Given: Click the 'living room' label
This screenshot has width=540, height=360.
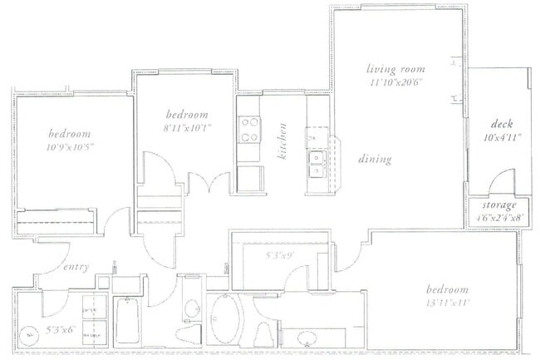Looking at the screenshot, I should pyautogui.click(x=396, y=70).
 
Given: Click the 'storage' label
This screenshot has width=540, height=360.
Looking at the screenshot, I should pyautogui.click(x=501, y=205).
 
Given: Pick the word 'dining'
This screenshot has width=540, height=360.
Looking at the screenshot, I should pyautogui.click(x=374, y=159).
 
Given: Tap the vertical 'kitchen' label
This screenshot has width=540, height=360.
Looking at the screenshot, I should pyautogui.click(x=283, y=141).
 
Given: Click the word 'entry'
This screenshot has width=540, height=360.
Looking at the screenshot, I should pyautogui.click(x=76, y=267).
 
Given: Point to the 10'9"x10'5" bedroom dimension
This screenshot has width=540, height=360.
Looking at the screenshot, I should pyautogui.click(x=69, y=146).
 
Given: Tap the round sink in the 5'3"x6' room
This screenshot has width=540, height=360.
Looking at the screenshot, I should pyautogui.click(x=30, y=334).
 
